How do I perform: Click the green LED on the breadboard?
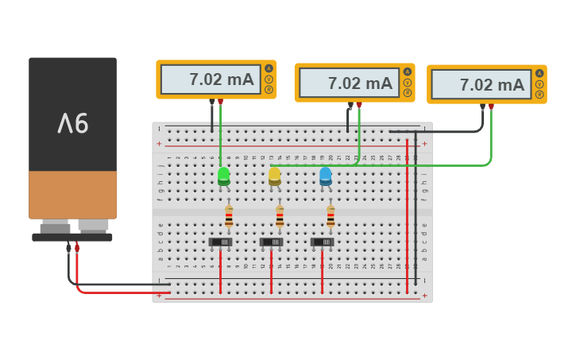point(224,176)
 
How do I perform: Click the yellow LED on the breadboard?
point(274,176)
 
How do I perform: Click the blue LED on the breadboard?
point(325,176)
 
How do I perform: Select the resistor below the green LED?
point(229,216)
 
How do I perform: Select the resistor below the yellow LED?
point(280,216)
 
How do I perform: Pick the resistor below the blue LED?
point(331,216)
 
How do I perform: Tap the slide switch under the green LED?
point(221,242)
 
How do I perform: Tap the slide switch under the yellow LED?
point(272,242)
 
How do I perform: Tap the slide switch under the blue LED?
point(323,242)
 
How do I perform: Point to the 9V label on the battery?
point(72,122)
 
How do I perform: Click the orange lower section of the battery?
point(72,194)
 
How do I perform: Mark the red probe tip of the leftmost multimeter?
point(221,102)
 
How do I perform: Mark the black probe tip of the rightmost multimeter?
point(482,106)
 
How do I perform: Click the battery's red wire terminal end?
point(77,247)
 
